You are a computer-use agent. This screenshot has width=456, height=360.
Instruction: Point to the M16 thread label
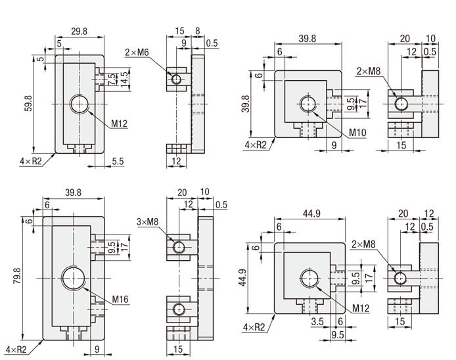click(x=120, y=300)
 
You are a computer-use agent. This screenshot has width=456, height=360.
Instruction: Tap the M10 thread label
click(x=357, y=132)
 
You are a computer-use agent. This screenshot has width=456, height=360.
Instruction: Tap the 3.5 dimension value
click(x=317, y=323)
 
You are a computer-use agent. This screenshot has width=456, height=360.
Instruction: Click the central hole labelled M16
click(x=73, y=279)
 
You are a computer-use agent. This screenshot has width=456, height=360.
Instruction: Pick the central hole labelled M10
click(x=308, y=104)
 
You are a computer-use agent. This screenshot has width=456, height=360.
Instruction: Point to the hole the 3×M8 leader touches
click(x=179, y=247)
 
